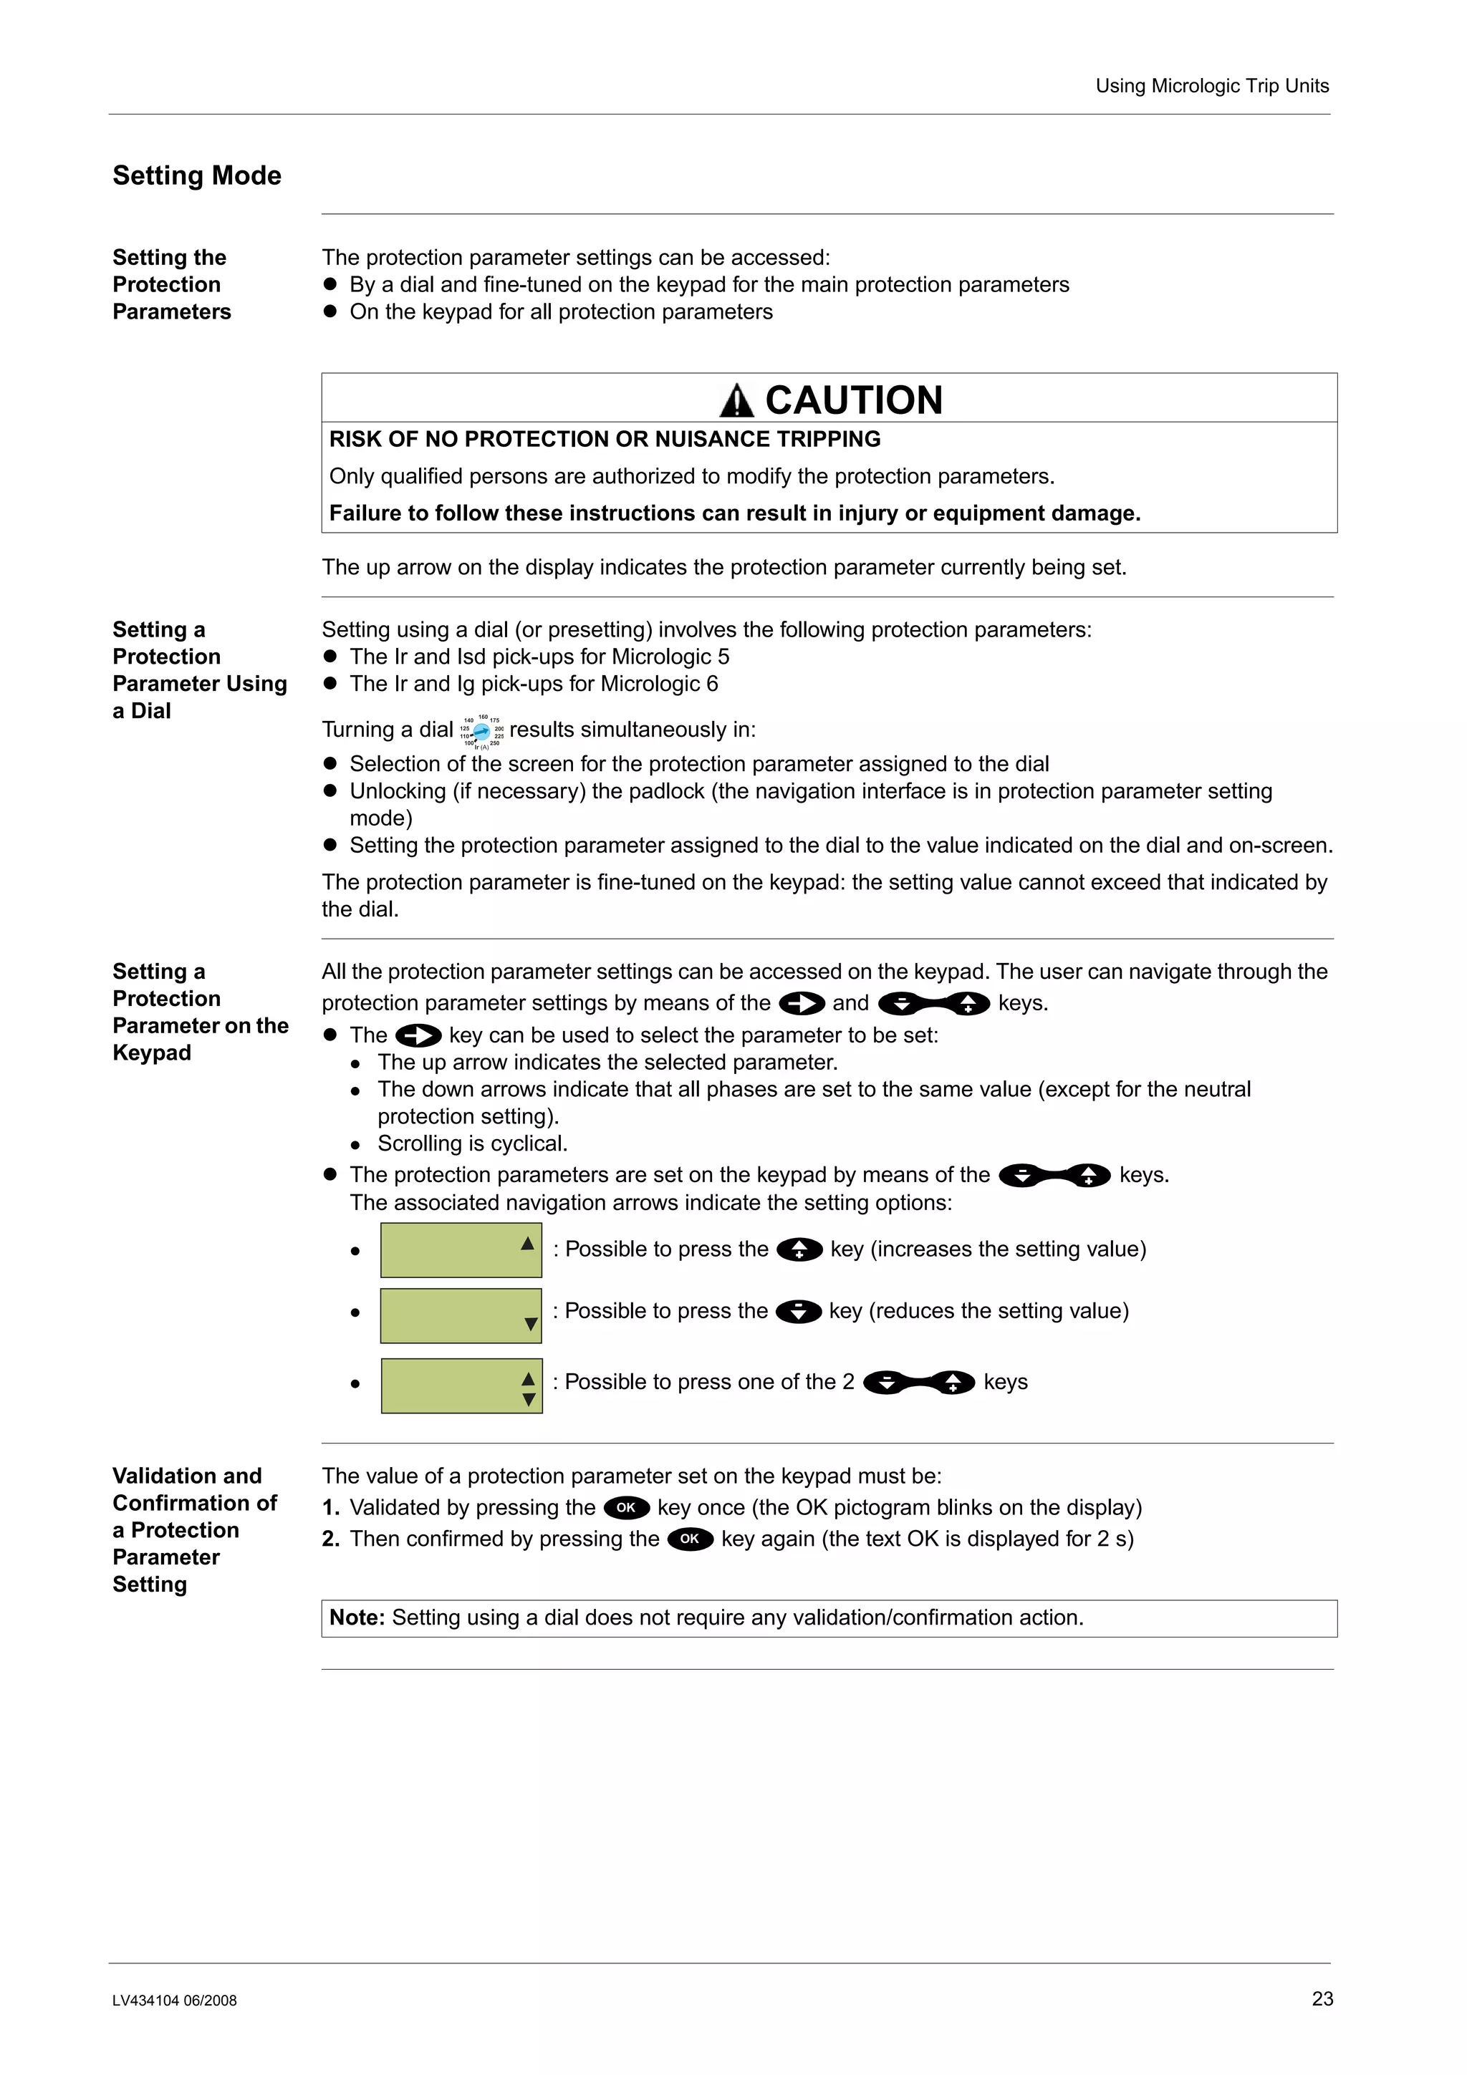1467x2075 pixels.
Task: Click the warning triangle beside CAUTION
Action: (736, 401)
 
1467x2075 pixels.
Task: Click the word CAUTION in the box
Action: (853, 400)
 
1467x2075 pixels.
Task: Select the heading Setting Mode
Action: (196, 175)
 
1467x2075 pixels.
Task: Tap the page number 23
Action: (1322, 1998)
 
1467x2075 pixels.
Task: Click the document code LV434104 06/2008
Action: (175, 2000)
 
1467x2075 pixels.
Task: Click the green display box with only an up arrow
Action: (461, 1250)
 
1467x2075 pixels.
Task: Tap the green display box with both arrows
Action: (461, 1385)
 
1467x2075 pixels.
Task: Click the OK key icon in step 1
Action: (625, 1507)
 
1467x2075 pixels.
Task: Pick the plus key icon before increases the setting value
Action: (799, 1250)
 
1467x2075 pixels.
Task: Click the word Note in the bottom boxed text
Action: (357, 1617)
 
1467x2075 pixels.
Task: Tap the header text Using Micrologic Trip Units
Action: (1211, 86)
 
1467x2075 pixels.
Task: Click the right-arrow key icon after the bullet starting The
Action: (418, 1035)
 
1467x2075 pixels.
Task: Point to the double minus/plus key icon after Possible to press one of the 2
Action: (918, 1383)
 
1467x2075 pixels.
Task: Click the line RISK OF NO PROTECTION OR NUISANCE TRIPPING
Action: (604, 439)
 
